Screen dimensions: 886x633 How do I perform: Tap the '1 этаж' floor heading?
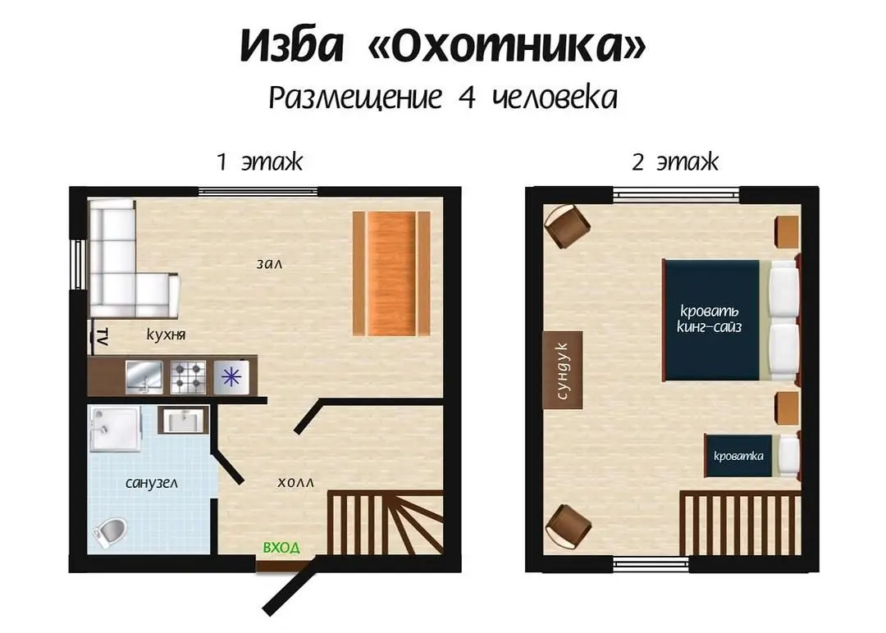pos(260,162)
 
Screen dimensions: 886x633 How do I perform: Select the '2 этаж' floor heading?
pos(675,162)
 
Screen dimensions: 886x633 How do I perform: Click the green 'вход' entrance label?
pos(281,547)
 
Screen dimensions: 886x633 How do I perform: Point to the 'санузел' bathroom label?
pos(152,483)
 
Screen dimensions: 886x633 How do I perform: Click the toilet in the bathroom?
pos(110,532)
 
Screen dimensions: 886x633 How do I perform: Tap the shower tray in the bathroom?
pos(116,429)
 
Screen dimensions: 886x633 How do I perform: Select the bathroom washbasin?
pos(183,420)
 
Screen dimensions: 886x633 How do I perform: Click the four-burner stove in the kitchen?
pos(188,376)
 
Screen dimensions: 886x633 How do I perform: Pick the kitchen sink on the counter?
pos(144,376)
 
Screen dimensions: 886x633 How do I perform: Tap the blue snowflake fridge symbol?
pos(231,376)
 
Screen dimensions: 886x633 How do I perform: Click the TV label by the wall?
pos(103,336)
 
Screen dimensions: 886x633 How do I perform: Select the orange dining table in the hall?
pos(391,273)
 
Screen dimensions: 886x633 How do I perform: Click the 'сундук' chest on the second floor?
pos(562,370)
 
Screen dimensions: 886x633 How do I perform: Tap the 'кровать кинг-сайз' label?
pos(710,319)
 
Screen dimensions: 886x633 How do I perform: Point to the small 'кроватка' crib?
pos(752,455)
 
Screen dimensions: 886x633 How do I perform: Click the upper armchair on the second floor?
pos(568,225)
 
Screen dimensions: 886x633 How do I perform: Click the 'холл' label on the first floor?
pos(295,483)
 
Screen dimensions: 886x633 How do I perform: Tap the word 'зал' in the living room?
pos(269,264)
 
